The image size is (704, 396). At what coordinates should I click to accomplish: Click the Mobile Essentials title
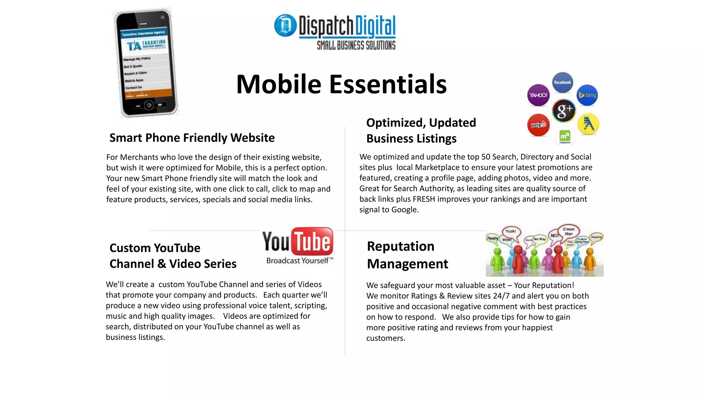click(x=341, y=84)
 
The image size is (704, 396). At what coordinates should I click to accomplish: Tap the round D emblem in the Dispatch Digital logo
click(x=285, y=25)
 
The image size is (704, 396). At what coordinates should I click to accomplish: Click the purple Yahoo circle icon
click(x=538, y=95)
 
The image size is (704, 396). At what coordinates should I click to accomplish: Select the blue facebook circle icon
click(x=562, y=82)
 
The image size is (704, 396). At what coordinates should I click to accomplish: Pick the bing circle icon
click(x=587, y=95)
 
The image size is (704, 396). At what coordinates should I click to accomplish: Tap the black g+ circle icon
click(x=564, y=111)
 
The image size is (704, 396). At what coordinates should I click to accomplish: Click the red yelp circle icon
click(x=538, y=125)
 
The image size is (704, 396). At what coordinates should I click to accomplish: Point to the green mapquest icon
click(x=564, y=136)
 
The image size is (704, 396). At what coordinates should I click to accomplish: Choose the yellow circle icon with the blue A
click(x=588, y=124)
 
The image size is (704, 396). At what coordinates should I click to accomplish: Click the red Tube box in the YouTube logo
click(x=312, y=241)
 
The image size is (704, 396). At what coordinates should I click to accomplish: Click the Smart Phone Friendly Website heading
click(x=192, y=138)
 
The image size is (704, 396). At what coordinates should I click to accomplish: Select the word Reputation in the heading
click(x=400, y=246)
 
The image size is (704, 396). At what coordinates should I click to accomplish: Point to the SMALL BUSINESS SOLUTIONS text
click(x=356, y=45)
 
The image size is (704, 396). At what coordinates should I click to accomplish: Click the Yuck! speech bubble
click(x=511, y=232)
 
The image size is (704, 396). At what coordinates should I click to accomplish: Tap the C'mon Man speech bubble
click(x=569, y=231)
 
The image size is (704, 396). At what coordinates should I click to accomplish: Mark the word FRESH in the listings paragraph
click(x=424, y=199)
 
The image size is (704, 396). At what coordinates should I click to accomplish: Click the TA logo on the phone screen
click(x=134, y=46)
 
